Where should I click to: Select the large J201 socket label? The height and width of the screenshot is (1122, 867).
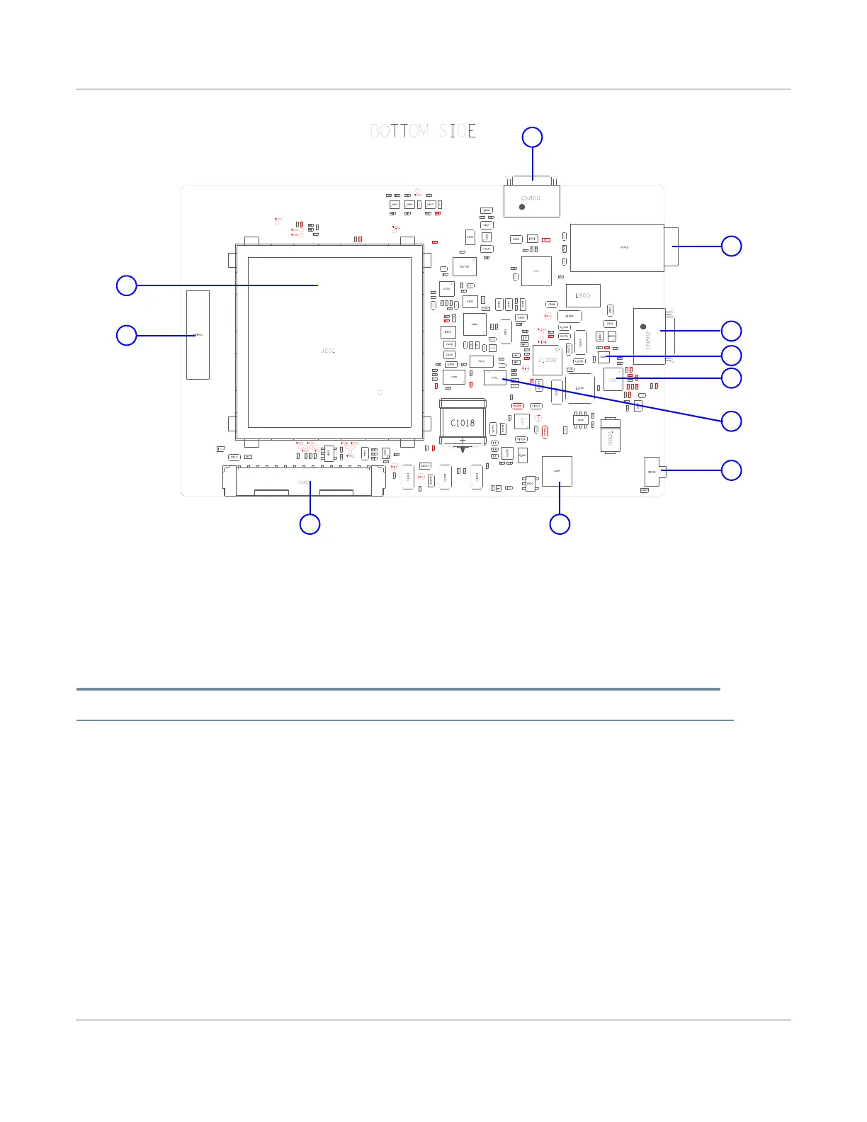tap(328, 351)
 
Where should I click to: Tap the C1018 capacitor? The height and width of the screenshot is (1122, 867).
tap(463, 423)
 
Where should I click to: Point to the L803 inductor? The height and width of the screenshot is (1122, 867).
tap(583, 295)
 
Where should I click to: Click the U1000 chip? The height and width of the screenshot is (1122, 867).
tap(547, 360)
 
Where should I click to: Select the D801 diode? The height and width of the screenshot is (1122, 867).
tap(610, 437)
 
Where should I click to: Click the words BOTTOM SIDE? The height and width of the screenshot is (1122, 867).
tap(423, 131)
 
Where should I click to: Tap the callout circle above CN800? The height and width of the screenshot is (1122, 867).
tap(532, 137)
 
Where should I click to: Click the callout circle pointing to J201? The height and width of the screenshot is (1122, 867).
tap(126, 285)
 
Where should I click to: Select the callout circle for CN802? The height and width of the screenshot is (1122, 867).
tap(731, 331)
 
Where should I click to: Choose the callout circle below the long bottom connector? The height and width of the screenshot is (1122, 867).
tap(310, 524)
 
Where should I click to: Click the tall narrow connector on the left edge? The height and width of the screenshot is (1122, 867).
tap(198, 334)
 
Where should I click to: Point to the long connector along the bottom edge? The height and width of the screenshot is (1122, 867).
tap(304, 482)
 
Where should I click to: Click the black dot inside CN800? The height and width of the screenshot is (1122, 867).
tap(522, 207)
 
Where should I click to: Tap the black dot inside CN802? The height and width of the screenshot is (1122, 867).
tap(642, 327)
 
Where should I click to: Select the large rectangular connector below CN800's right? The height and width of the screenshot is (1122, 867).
tap(617, 247)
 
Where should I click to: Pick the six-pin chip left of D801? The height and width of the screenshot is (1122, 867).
tap(580, 419)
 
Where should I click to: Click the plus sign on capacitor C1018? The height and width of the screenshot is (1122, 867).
tap(463, 441)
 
